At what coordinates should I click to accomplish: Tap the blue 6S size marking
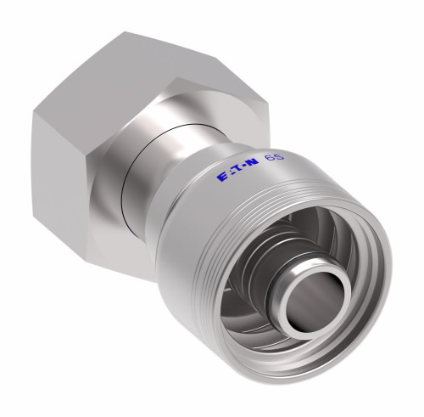275,159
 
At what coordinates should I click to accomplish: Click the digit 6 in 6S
270,160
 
